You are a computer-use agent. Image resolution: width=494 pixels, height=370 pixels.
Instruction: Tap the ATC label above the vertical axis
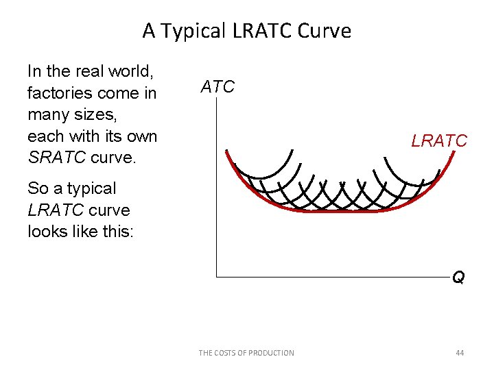pyautogui.click(x=217, y=87)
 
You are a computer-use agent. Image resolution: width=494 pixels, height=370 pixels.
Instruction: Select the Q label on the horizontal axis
pyautogui.click(x=458, y=277)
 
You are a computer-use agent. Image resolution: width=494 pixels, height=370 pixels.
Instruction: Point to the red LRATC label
pyautogui.click(x=439, y=141)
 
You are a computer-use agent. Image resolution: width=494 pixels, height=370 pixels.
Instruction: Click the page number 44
pyautogui.click(x=460, y=353)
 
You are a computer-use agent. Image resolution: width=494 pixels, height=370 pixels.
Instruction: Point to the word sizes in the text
pyautogui.click(x=94, y=114)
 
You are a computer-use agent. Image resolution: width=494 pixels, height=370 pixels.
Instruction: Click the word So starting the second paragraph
pyautogui.click(x=37, y=188)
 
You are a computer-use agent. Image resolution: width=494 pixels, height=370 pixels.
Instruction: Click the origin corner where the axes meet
pyautogui.click(x=216, y=276)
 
